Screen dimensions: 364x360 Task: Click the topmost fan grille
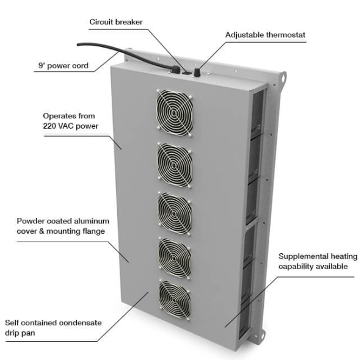coord(174,113)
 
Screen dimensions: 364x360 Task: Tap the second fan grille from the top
coord(175,165)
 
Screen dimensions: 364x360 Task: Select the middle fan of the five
coord(175,213)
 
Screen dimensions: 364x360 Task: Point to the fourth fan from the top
coord(175,258)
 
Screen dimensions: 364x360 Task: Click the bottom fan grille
coord(175,300)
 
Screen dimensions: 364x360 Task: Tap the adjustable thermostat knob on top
coord(197,72)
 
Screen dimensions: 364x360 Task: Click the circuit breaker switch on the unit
coord(187,73)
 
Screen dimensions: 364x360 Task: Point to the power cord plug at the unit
coord(176,69)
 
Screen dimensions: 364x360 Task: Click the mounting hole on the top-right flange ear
coord(283,77)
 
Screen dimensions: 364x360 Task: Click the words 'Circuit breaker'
coord(116,22)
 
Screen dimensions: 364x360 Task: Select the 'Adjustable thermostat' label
coord(265,35)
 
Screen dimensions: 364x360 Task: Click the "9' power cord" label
coord(64,66)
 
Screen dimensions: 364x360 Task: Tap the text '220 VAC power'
coord(71,126)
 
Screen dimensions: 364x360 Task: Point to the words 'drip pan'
coord(20,333)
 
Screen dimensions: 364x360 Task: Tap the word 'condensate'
coord(80,323)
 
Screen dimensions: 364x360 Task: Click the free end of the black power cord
coord(78,44)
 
